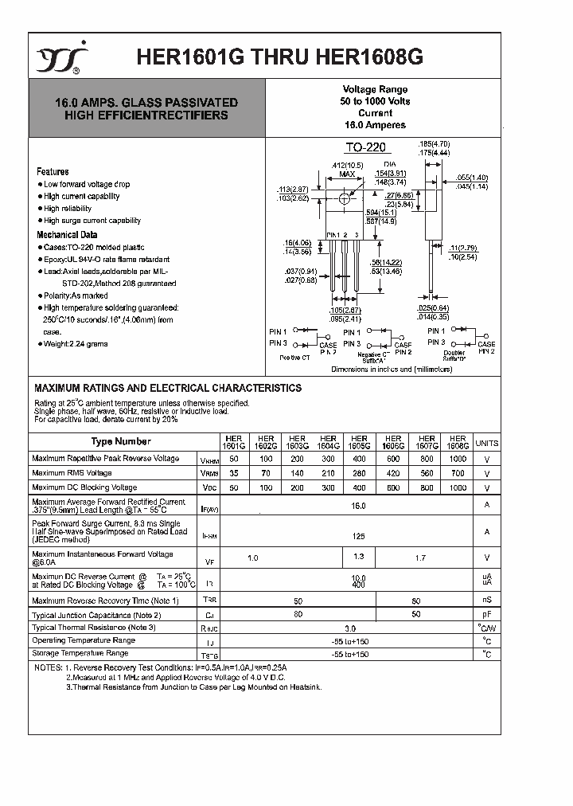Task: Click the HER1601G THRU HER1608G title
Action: (280, 57)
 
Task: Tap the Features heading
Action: (53, 171)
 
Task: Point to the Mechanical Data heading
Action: (67, 235)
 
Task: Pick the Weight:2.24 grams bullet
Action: (76, 344)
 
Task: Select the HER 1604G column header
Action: (328, 443)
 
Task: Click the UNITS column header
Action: (486, 443)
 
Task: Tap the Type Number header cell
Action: (120, 441)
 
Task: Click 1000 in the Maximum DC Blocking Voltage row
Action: (458, 487)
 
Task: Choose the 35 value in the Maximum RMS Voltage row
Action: (233, 473)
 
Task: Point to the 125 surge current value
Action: (358, 537)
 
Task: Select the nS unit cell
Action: (486, 600)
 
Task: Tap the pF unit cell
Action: (486, 615)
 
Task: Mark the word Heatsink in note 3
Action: (305, 687)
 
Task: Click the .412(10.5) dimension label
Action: (346, 165)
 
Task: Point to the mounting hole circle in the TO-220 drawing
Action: (345, 198)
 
